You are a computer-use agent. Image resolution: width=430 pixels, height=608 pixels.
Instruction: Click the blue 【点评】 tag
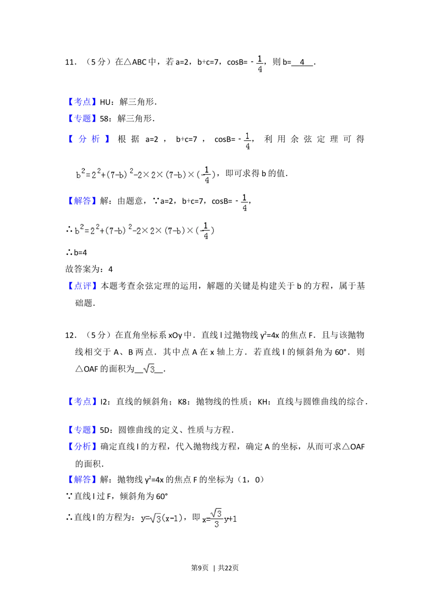pos(83,286)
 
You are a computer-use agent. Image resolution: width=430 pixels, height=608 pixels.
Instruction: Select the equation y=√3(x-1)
pos(162,519)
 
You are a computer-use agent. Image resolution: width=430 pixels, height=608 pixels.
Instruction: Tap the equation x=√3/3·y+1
pos(218,518)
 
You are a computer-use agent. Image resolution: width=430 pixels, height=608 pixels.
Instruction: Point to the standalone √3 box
pos(148,368)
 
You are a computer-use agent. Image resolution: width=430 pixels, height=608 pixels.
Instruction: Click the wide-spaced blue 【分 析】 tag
pos(89,139)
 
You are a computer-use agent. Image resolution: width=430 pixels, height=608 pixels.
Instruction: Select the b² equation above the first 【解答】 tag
pos(144,174)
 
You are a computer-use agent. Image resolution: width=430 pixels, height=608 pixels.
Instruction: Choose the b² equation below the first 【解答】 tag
pos(144,230)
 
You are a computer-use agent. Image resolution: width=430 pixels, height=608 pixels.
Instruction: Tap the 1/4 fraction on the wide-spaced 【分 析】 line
pos(247,141)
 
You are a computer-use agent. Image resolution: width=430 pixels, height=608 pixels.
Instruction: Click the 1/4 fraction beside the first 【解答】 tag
pos(244,202)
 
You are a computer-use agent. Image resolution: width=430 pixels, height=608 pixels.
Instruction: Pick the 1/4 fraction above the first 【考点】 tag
pos(259,64)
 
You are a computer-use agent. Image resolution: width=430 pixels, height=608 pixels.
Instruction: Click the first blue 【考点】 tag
pos(82,101)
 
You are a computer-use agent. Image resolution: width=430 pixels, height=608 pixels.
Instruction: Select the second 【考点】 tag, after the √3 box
pos(82,401)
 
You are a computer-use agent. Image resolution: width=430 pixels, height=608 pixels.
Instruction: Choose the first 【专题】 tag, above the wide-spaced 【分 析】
pos(82,118)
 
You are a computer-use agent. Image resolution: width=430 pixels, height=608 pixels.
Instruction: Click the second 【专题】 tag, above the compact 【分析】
pos(82,429)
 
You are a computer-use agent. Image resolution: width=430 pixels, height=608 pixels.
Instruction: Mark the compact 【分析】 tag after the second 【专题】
pos(82,446)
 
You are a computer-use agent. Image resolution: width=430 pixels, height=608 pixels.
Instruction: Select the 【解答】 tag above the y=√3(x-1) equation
pos(82,479)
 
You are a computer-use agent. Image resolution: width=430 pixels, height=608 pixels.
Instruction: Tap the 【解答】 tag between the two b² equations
pos(82,201)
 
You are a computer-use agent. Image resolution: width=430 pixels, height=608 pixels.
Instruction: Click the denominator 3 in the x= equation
pos(216,524)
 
